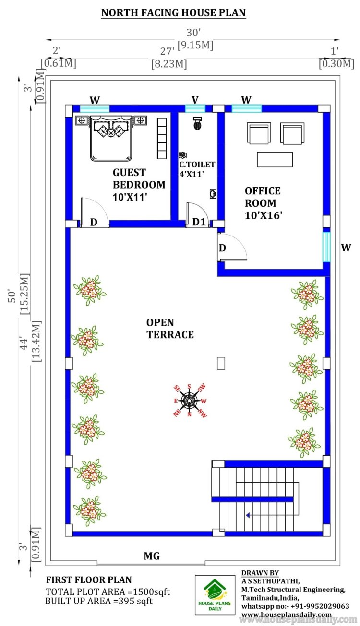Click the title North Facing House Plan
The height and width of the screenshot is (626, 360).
[173, 13]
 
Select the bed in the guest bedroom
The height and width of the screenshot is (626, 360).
[110, 138]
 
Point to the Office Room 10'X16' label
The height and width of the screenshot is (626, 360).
[263, 203]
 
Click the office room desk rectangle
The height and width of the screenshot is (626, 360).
[275, 159]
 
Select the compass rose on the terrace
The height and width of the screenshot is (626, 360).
[190, 400]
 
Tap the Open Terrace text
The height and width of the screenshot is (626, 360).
[170, 328]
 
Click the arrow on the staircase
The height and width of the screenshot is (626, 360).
[249, 515]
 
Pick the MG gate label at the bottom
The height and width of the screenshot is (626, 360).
[152, 556]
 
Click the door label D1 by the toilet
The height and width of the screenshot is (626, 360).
[199, 223]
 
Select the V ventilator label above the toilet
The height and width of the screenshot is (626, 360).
[195, 99]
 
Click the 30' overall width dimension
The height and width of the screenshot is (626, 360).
[193, 33]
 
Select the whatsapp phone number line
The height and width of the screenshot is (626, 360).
[295, 606]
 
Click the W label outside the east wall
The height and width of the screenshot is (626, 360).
[346, 248]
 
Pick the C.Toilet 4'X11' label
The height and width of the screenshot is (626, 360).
[197, 169]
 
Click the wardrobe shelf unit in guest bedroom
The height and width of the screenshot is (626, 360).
[161, 135]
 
